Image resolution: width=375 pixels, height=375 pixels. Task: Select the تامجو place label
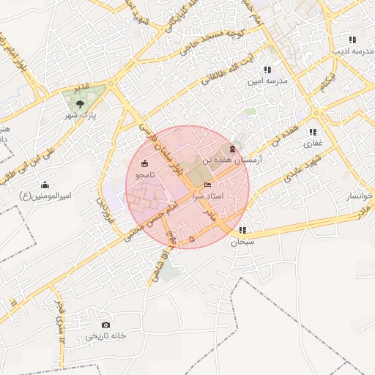coord(144,175)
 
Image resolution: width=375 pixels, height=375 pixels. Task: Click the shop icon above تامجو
coord(144,163)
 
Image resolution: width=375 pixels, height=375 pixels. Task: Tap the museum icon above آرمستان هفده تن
coord(232,149)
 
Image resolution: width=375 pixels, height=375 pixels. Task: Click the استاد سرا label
coord(208,196)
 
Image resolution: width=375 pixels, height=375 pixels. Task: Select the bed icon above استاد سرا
coord(208,185)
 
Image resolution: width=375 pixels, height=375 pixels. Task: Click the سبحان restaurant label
coord(242,241)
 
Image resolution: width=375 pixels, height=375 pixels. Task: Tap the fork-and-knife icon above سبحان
coord(242,230)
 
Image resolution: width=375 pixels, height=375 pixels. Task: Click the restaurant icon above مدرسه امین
coord(256,70)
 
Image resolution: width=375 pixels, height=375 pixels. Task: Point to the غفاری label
coord(313,143)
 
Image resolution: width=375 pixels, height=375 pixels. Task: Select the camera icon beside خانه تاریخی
coord(106,324)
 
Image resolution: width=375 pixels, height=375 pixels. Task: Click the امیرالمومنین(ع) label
coord(45,196)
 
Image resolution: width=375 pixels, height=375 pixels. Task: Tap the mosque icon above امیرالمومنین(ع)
coord(45,185)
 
